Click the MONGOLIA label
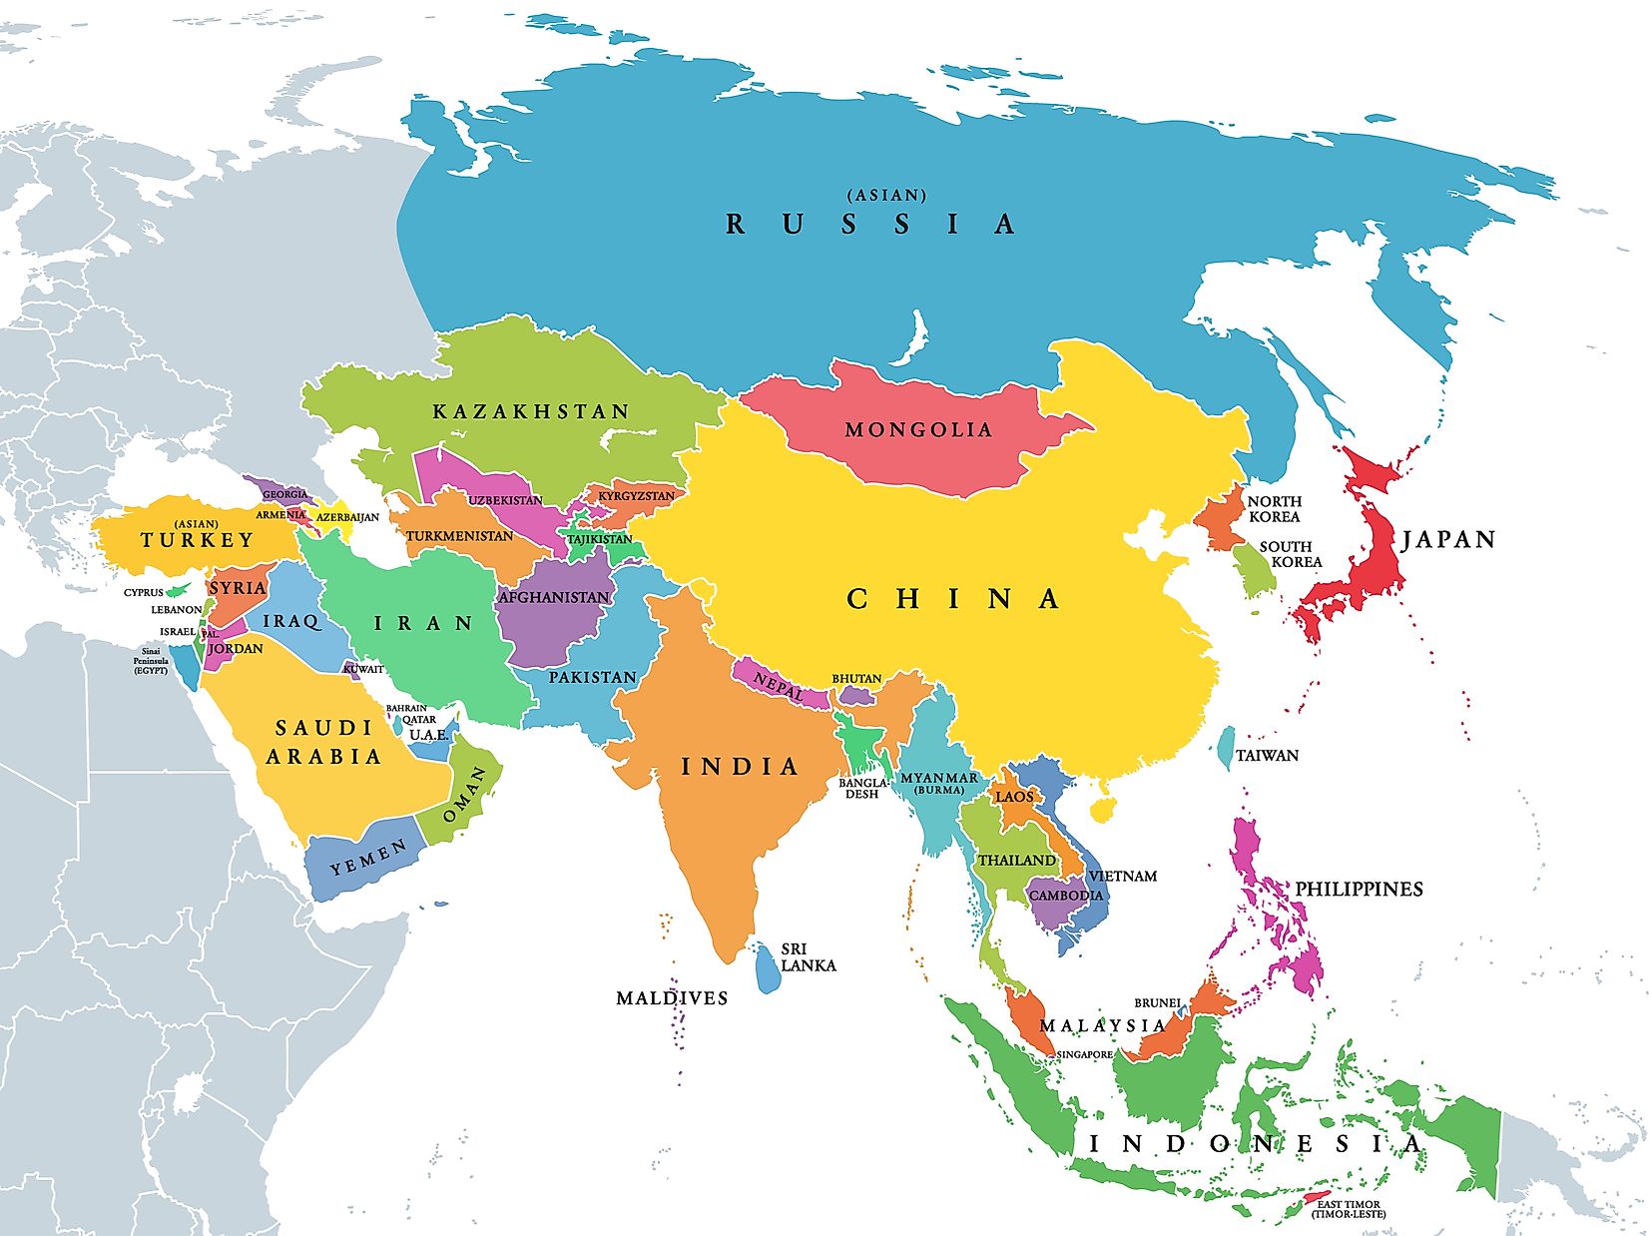[x=918, y=430]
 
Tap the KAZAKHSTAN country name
[x=531, y=411]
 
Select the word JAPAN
[x=1448, y=540]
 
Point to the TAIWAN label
[x=1267, y=756]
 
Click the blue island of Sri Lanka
[x=766, y=967]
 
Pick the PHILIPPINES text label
[x=1359, y=889]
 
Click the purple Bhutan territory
[x=854, y=694]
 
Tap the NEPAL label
[x=779, y=683]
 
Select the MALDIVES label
[x=672, y=997]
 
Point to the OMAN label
[x=464, y=795]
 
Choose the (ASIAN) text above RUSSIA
[x=886, y=196]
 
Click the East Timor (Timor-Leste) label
[x=1349, y=1209]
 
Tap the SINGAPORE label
[x=1085, y=1054]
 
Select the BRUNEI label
[x=1157, y=1002]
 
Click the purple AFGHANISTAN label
[x=553, y=597]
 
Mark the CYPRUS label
[x=143, y=592]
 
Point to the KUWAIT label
[x=363, y=669]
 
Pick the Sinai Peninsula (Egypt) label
[x=151, y=660]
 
